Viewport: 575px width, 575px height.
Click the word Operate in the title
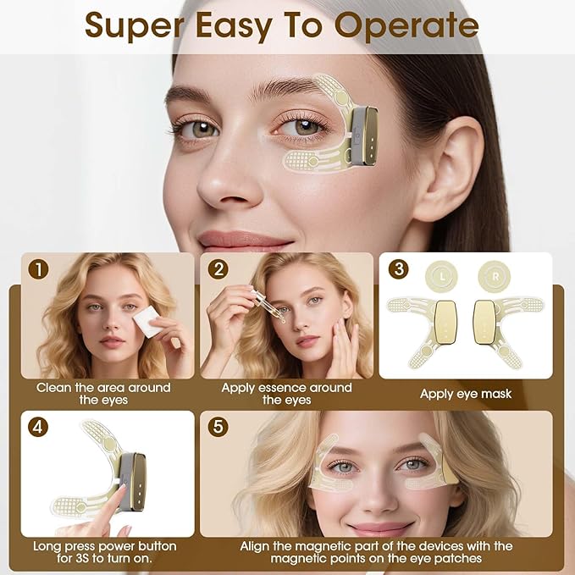406,25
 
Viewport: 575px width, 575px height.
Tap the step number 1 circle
37,269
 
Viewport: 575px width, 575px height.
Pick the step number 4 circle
37,427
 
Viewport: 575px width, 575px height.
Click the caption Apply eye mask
466,394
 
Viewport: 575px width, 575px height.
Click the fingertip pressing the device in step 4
119,493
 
